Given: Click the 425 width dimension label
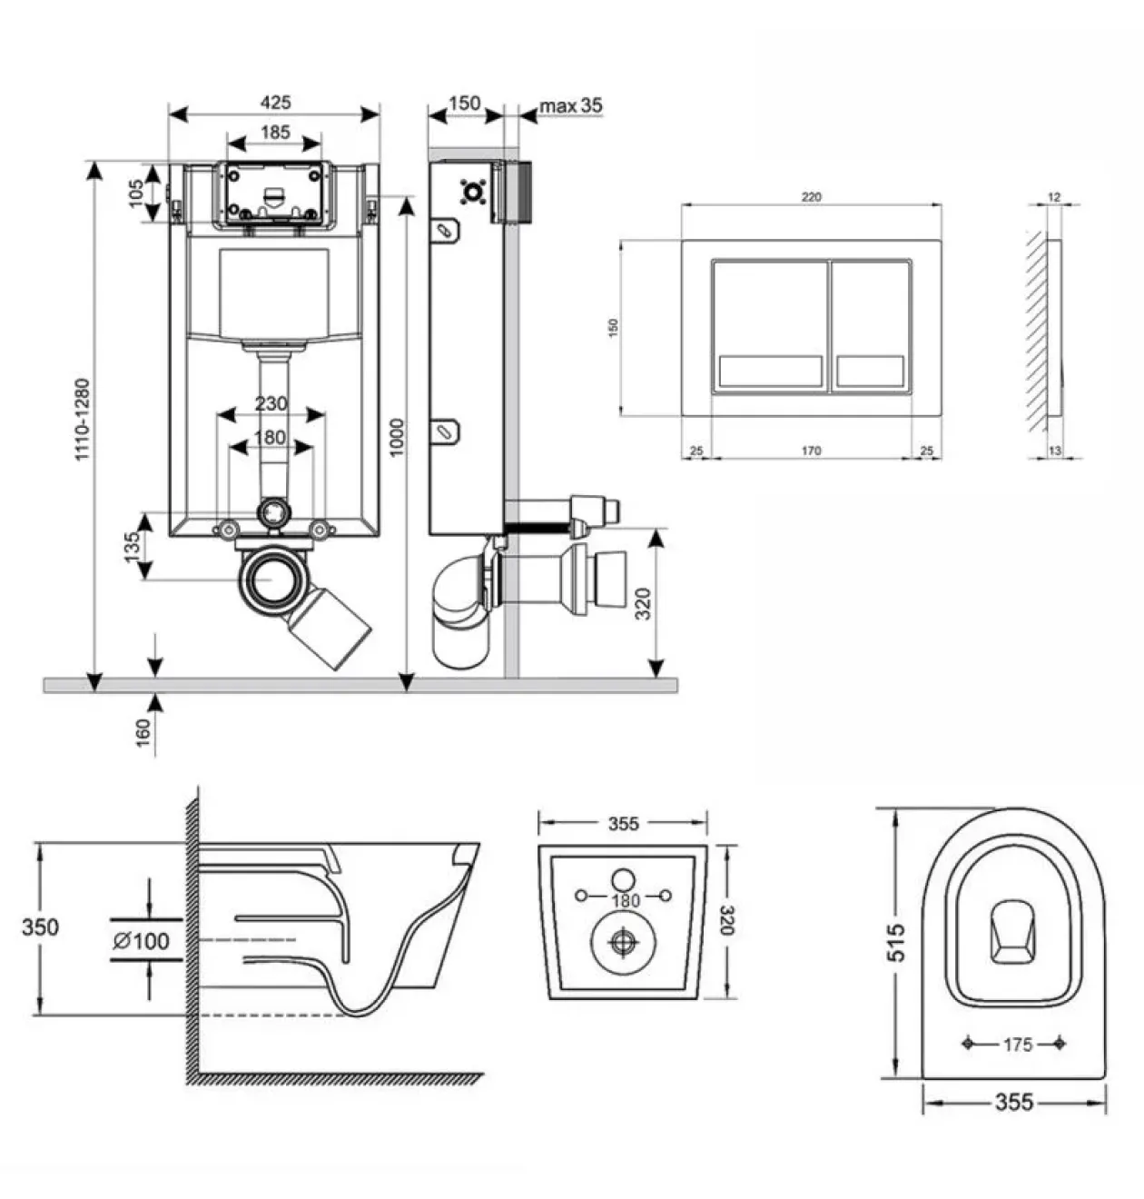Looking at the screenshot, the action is click(x=276, y=103).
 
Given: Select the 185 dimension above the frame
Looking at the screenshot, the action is click(x=275, y=133).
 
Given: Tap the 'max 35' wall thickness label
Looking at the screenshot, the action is click(x=571, y=105).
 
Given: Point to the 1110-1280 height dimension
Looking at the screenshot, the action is click(x=83, y=420).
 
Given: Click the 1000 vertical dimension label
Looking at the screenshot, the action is click(x=397, y=437).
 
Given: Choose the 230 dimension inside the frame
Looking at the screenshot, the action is click(x=271, y=403).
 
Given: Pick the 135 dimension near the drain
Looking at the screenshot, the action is click(x=132, y=547).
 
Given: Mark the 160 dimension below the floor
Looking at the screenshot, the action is click(x=142, y=733).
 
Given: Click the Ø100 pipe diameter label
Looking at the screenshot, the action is click(x=142, y=941).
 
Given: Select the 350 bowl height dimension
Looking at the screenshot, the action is click(x=40, y=927).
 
